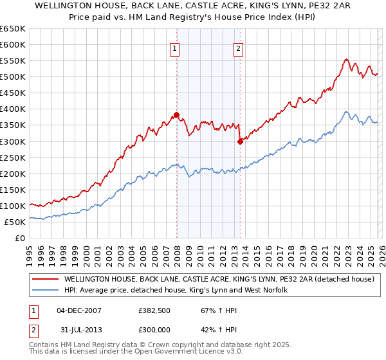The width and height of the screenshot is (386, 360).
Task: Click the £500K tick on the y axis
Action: (x=14, y=76)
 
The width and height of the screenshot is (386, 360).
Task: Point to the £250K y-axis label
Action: (x=14, y=157)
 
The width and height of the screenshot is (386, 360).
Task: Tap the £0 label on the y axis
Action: (x=21, y=238)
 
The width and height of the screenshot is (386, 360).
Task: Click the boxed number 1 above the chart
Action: (x=174, y=48)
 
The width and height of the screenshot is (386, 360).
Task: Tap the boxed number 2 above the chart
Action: (x=238, y=48)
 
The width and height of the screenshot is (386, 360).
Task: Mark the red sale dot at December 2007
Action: (x=176, y=114)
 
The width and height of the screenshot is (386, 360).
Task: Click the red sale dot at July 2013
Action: (x=240, y=141)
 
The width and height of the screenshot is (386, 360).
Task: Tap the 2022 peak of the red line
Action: (x=346, y=59)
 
